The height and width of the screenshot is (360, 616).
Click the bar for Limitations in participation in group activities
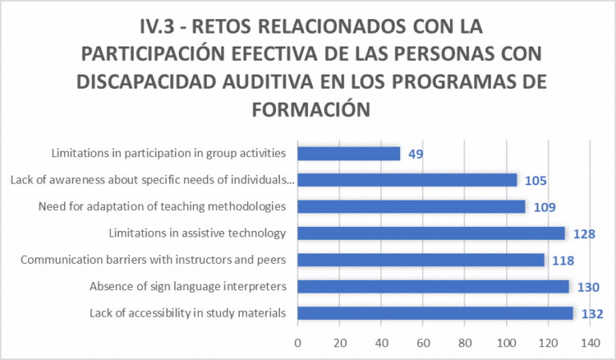[349, 153]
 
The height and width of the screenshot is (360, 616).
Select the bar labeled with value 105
[407, 180]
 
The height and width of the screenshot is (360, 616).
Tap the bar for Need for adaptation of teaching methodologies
[411, 207]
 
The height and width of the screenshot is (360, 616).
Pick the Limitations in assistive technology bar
[432, 233]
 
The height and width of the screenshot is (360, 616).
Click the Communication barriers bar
[421, 260]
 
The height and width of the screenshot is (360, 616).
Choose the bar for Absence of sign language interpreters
[433, 286]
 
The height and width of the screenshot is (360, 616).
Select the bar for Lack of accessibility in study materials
[436, 313]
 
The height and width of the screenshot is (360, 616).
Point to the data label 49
[415, 154]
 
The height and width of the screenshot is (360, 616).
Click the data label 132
[593, 314]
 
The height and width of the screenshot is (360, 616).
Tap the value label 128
[584, 234]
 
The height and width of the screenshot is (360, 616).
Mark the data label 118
[563, 261]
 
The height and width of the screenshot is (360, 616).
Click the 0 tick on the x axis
[298, 343]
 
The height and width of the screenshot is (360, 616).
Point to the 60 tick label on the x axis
[423, 343]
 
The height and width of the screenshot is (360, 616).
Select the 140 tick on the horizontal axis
[590, 343]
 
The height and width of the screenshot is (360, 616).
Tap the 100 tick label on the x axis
[506, 343]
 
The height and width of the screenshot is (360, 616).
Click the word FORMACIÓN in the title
[311, 110]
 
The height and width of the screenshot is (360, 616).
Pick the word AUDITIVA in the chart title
[268, 82]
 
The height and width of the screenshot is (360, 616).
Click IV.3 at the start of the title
[157, 26]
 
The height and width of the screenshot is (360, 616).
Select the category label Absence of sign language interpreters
[188, 286]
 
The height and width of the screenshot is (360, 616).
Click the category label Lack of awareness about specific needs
[152, 180]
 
